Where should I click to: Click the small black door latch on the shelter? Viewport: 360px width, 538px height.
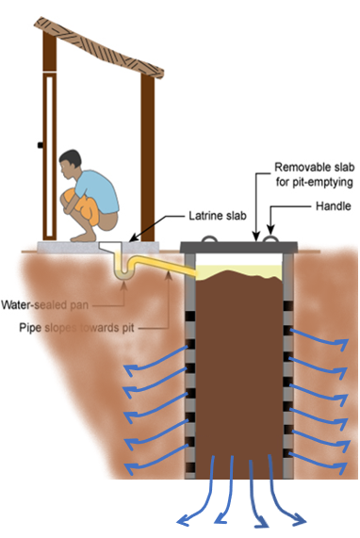(x=40, y=144)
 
